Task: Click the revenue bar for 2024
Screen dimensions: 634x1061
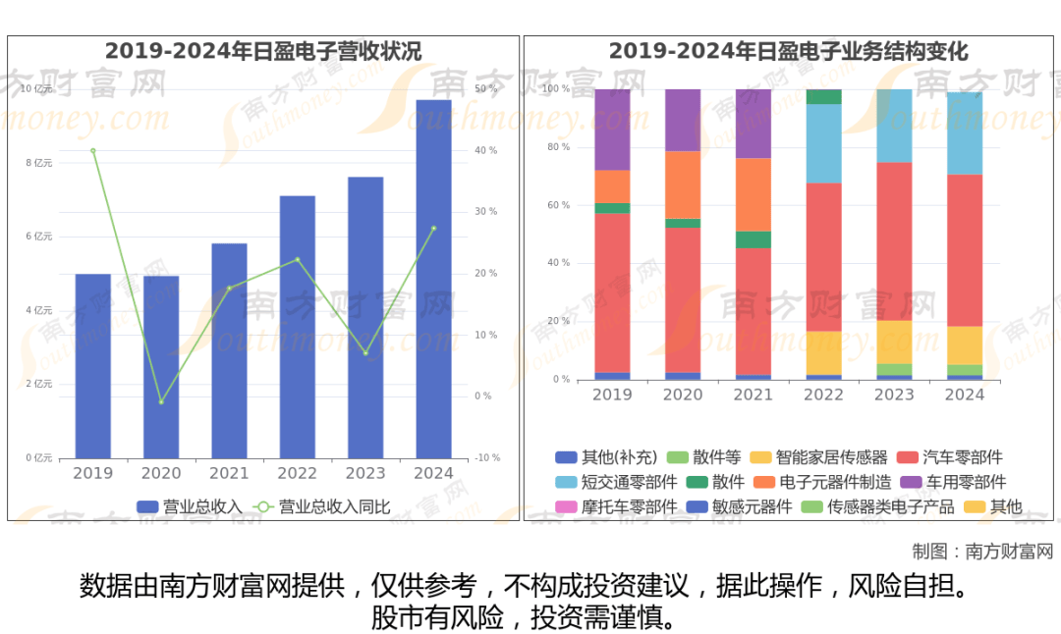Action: coord(433,279)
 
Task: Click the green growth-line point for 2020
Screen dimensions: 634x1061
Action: coord(161,402)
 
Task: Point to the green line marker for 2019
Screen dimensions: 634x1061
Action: coord(93,150)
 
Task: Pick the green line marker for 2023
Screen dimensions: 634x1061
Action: coord(365,353)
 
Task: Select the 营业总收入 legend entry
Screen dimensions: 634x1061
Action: coord(190,507)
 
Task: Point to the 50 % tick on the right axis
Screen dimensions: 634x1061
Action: coord(485,89)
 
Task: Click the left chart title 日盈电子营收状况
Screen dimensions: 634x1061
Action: coord(263,51)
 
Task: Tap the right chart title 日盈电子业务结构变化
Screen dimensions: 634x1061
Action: coord(788,51)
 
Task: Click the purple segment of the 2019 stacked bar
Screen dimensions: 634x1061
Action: coord(612,130)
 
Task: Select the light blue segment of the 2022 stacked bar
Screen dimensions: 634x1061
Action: coord(823,143)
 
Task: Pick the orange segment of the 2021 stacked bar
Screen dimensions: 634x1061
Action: coord(754,194)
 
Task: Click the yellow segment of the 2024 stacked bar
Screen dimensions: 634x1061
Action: coord(965,345)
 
